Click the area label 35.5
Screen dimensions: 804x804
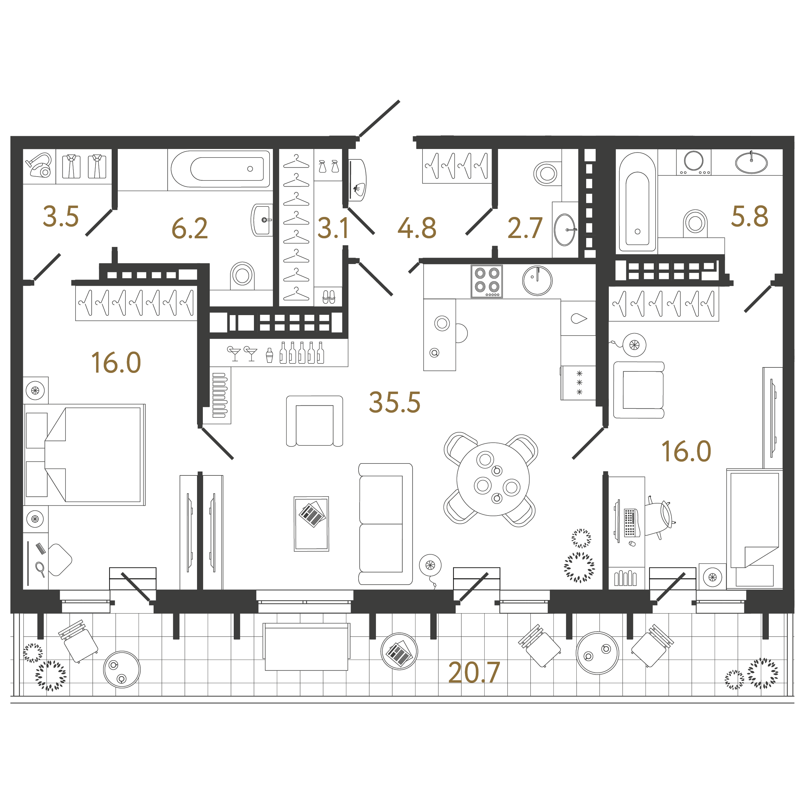[395, 402]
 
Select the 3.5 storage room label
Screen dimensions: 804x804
[61, 216]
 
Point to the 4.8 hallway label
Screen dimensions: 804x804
[417, 228]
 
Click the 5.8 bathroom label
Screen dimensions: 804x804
[750, 216]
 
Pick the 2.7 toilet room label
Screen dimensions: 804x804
[525, 228]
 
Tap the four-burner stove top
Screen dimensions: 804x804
[487, 281]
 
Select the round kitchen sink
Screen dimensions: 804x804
[537, 281]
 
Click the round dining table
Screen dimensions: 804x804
[493, 479]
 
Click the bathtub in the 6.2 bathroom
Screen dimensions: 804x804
[221, 169]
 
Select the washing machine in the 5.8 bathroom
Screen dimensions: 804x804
[694, 162]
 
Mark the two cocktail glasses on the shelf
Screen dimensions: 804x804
[243, 353]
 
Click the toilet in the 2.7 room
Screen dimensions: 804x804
[546, 173]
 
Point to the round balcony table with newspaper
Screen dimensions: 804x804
[399, 652]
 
